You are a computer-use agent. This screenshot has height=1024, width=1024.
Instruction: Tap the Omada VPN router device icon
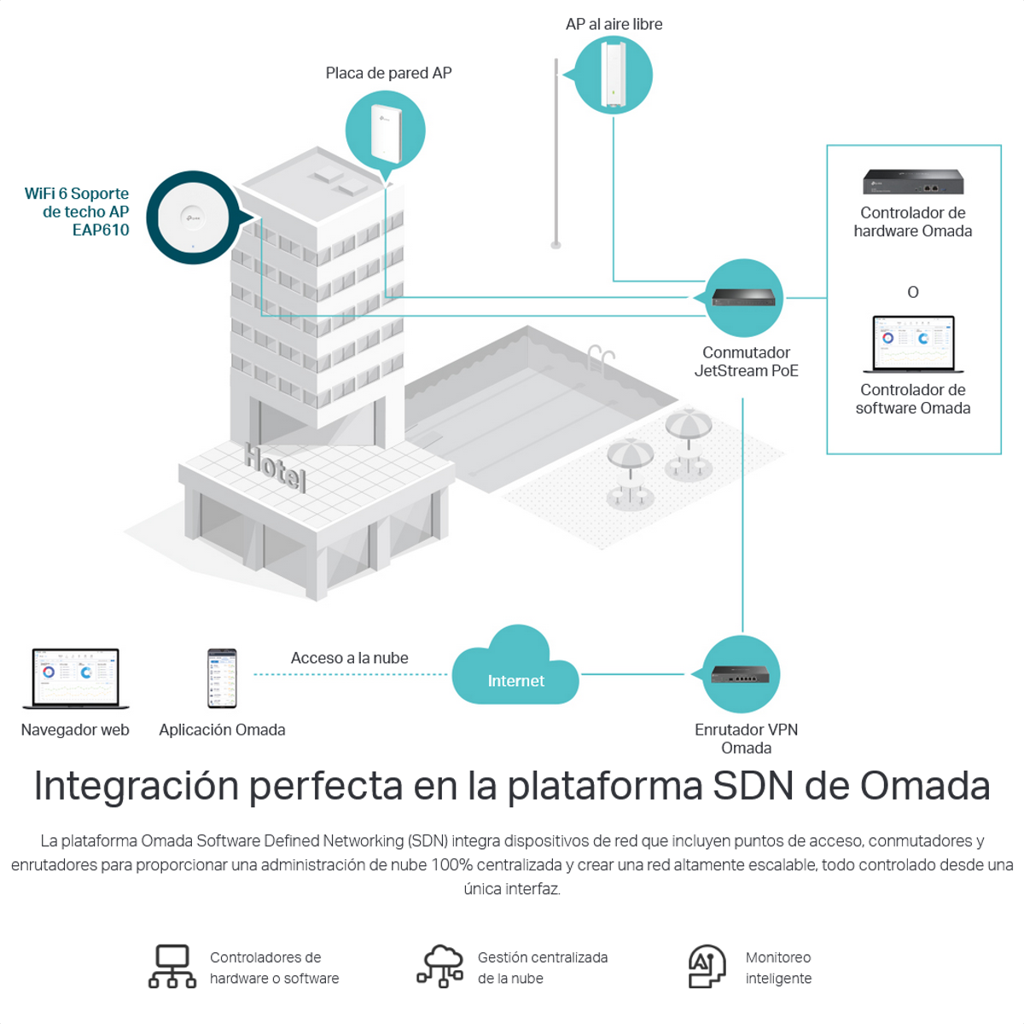[741, 674]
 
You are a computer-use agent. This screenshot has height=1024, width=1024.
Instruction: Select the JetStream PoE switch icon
[744, 298]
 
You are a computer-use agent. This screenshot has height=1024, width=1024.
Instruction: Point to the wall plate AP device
[386, 132]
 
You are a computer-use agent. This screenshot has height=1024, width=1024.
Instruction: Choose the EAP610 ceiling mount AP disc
[193, 218]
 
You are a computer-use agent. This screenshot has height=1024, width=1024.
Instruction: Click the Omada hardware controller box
[913, 181]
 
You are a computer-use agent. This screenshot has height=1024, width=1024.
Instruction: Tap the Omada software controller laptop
[913, 344]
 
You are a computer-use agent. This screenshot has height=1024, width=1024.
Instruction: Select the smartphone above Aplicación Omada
[222, 678]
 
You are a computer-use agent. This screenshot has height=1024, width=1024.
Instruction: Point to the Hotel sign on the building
[275, 466]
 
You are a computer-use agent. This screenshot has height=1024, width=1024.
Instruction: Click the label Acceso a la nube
[349, 658]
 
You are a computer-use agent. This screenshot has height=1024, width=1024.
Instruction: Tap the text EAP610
[101, 230]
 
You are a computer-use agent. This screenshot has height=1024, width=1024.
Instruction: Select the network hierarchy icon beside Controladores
[172, 967]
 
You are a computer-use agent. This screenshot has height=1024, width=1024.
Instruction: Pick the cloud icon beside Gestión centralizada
[440, 966]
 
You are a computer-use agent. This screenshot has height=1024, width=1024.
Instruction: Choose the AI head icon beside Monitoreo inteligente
[707, 966]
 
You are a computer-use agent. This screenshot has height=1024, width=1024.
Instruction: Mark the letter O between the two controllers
[913, 292]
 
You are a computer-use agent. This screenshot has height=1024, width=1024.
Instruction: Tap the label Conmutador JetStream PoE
[746, 362]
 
